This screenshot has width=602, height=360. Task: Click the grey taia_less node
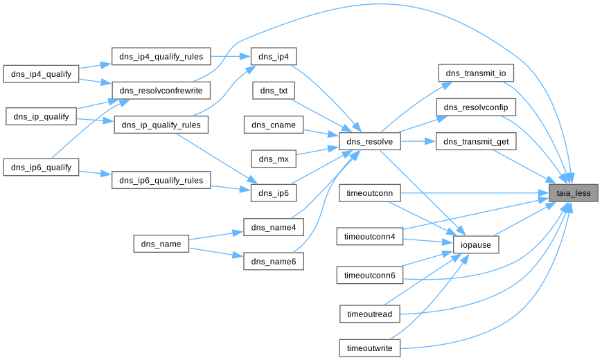click(x=574, y=193)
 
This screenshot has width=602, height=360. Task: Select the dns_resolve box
click(x=371, y=142)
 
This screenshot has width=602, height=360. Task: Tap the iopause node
click(x=476, y=244)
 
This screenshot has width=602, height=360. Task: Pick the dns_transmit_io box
click(x=475, y=73)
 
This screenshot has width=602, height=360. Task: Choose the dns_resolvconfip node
click(x=475, y=107)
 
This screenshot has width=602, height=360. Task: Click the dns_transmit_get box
click(x=475, y=142)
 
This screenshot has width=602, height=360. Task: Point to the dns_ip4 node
click(x=274, y=57)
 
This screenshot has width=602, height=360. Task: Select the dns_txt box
click(x=274, y=91)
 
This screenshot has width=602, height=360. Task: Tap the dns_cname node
click(x=274, y=125)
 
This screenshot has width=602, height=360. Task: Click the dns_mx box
click(x=274, y=159)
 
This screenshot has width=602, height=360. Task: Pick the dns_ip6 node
click(x=274, y=193)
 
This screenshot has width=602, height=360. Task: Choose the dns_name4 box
click(x=274, y=227)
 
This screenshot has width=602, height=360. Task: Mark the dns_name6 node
click(x=274, y=261)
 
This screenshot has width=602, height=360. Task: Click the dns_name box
click(x=161, y=244)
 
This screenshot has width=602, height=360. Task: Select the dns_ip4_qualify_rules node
click(x=161, y=57)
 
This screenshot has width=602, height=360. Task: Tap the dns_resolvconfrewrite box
click(x=161, y=91)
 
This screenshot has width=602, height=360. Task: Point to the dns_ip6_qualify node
click(x=42, y=167)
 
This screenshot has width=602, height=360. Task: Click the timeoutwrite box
click(x=371, y=348)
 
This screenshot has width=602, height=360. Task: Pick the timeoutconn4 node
click(x=371, y=237)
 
